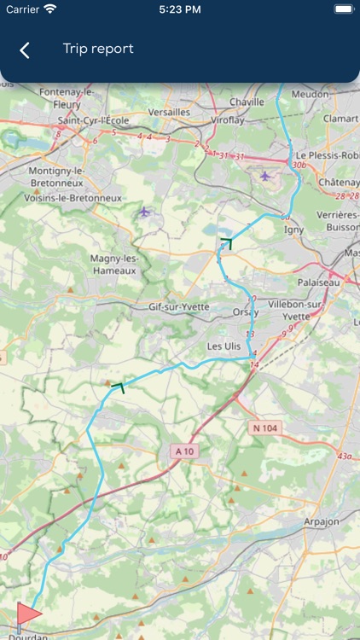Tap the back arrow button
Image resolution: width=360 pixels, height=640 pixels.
25,50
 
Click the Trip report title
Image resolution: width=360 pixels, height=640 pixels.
98,49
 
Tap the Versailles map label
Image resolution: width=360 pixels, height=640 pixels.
169,112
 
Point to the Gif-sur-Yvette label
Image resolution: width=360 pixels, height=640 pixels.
178,305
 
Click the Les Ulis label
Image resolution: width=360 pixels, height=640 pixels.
225,346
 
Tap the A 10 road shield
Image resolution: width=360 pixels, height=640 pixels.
183,451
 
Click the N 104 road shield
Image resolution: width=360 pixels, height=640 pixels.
266,427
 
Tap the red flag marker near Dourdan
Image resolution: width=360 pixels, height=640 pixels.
27,614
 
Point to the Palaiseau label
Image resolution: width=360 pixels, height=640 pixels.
318,282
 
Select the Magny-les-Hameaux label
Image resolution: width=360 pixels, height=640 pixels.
113,264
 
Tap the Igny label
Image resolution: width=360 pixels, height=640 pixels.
293,229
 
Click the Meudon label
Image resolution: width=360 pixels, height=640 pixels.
312,95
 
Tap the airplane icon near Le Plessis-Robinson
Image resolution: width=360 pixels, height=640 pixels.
265,176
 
